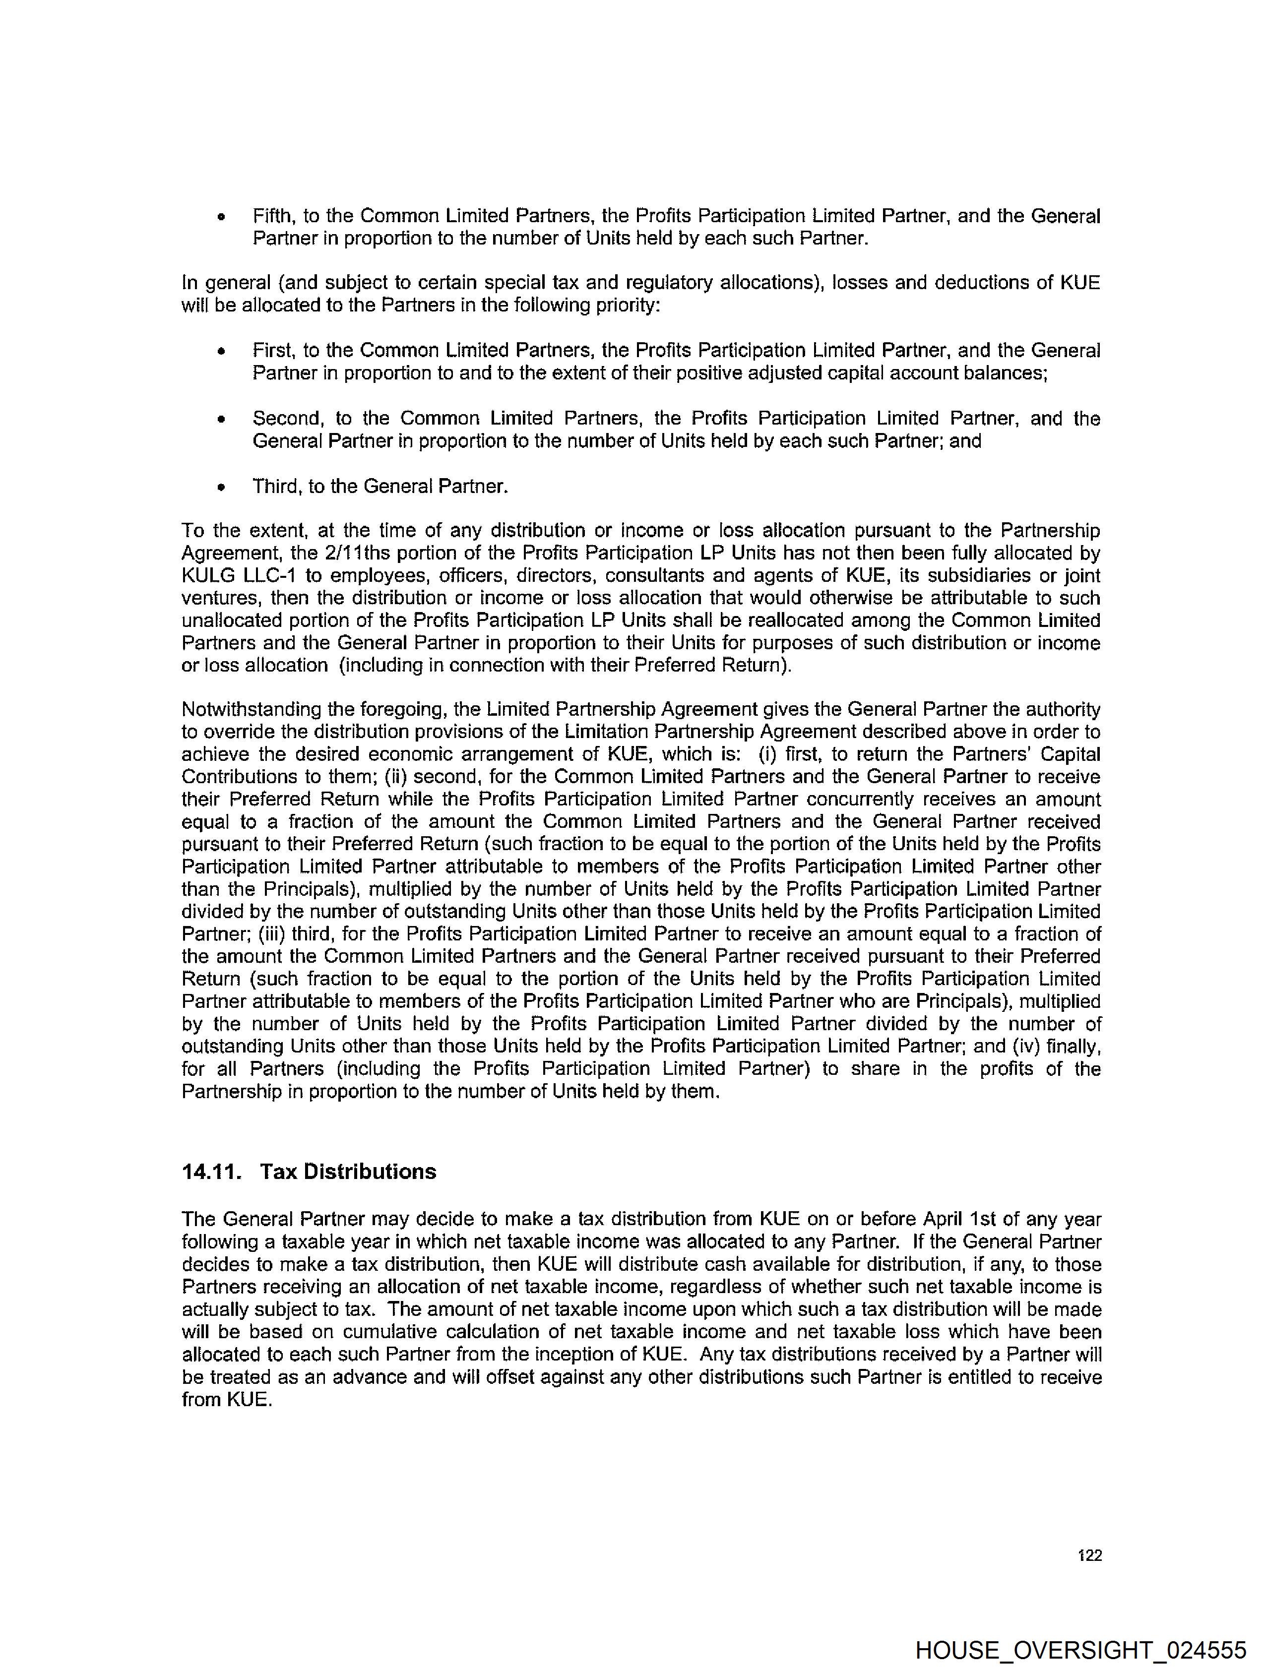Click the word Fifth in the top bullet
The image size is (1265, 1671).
(x=273, y=216)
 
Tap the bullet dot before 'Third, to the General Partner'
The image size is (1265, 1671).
(x=221, y=487)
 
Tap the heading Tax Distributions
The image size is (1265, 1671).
(x=348, y=1172)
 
